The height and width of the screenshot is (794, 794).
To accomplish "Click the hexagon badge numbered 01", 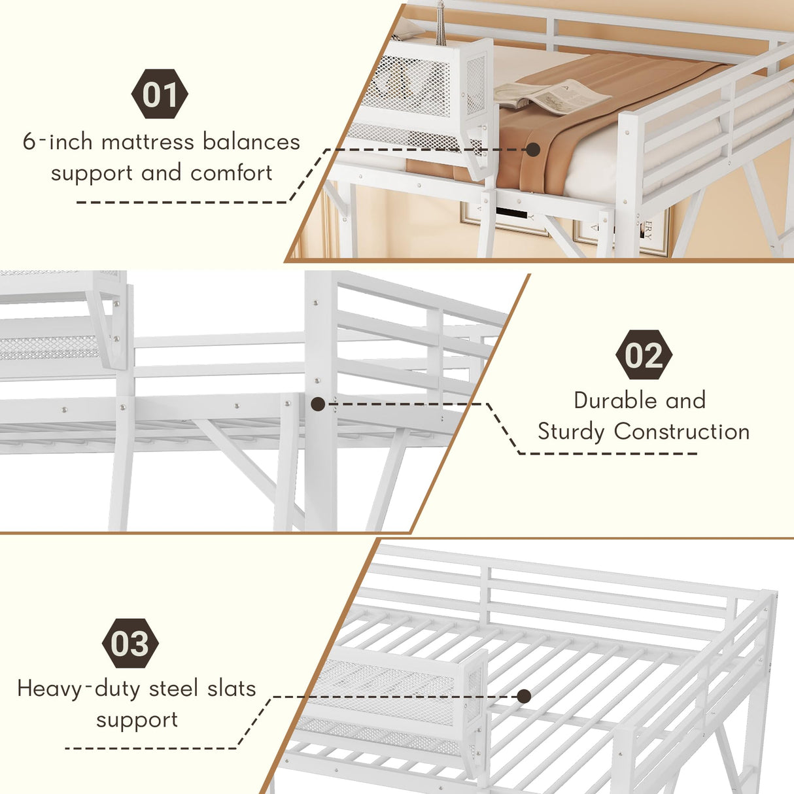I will [160, 94].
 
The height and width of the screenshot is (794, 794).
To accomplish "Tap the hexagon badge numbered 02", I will [644, 354].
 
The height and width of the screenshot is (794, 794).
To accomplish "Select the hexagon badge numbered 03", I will [130, 643].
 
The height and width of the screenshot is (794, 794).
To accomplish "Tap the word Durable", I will [611, 400].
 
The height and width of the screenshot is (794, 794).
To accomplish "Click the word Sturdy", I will [571, 432].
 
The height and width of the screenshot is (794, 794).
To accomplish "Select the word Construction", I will [682, 432].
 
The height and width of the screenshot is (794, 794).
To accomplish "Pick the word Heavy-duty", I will [79, 689].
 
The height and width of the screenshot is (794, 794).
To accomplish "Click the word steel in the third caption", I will [173, 689].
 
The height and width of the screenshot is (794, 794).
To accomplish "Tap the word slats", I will [232, 689].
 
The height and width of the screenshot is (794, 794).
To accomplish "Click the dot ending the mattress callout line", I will [533, 149].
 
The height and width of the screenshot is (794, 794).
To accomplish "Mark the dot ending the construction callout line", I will [318, 404].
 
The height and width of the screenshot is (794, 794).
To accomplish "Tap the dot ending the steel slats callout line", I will [523, 697].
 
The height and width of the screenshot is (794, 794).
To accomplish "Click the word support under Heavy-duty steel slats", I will [137, 721].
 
